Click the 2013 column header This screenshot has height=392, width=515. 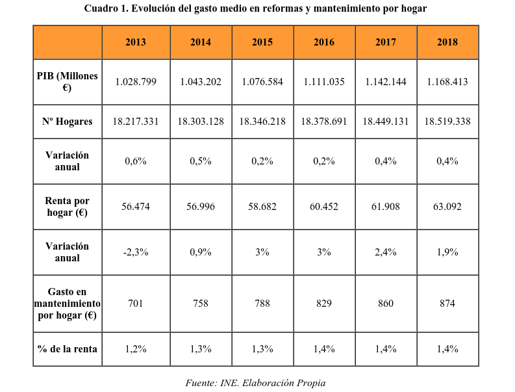pyautogui.click(x=136, y=42)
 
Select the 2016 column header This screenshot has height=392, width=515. pyautogui.click(x=324, y=42)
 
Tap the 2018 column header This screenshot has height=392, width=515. pyautogui.click(x=447, y=42)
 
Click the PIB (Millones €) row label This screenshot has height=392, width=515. pyautogui.click(x=67, y=82)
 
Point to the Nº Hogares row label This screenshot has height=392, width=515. pyautogui.click(x=67, y=122)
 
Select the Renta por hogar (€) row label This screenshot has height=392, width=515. pyautogui.click(x=67, y=207)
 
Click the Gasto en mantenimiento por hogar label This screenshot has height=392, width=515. pyautogui.click(x=67, y=304)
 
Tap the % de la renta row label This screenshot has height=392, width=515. pyautogui.click(x=67, y=349)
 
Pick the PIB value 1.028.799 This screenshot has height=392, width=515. pyautogui.click(x=136, y=82)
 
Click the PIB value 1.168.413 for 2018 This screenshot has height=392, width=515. pyautogui.click(x=447, y=82)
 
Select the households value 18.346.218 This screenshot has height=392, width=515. pyautogui.click(x=262, y=122)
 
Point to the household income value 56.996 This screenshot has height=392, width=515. pyautogui.click(x=201, y=207)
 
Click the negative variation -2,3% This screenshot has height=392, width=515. pyautogui.click(x=136, y=252)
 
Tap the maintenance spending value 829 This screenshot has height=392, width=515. pyautogui.click(x=324, y=304)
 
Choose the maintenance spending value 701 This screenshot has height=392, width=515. pyautogui.click(x=136, y=304)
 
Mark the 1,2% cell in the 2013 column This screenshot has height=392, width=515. pyautogui.click(x=136, y=349)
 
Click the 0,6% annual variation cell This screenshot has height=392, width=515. pyautogui.click(x=136, y=161)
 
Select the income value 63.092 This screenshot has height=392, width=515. pyautogui.click(x=447, y=207)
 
